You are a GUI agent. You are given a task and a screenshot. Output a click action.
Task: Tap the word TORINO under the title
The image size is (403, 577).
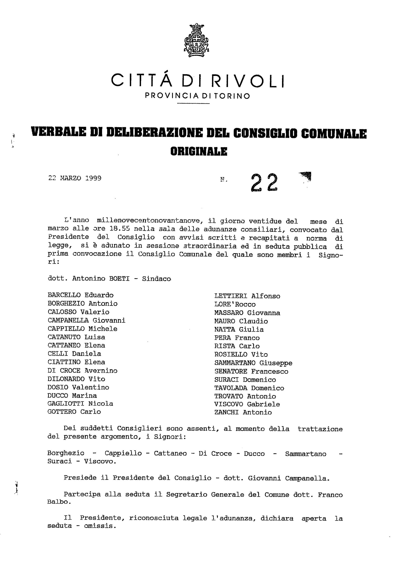pyautogui.click(x=232, y=96)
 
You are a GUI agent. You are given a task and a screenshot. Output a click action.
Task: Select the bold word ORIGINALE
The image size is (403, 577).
pyautogui.click(x=199, y=151)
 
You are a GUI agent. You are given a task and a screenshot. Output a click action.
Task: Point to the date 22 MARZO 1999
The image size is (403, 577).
pyautogui.click(x=75, y=178)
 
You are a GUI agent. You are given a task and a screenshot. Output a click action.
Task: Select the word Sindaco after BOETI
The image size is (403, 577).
pyautogui.click(x=156, y=279)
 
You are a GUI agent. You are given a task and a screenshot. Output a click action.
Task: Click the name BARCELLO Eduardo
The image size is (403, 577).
pyautogui.click(x=80, y=295)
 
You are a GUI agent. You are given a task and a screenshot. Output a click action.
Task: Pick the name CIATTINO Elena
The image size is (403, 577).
pyautogui.click(x=76, y=362)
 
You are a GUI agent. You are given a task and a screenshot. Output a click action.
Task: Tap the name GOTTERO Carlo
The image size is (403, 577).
pyautogui.click(x=74, y=412)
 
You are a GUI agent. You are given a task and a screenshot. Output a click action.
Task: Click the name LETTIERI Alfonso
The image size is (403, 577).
pyautogui.click(x=247, y=296)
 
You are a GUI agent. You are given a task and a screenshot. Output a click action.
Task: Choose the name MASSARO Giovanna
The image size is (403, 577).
pyautogui.click(x=247, y=313)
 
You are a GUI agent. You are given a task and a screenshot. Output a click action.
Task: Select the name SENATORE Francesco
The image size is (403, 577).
pyautogui.click(x=251, y=371)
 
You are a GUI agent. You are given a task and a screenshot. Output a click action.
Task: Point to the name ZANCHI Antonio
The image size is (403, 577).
pyautogui.click(x=243, y=412)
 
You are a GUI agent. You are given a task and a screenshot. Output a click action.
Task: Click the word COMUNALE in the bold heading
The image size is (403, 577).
pyautogui.click(x=333, y=134)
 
